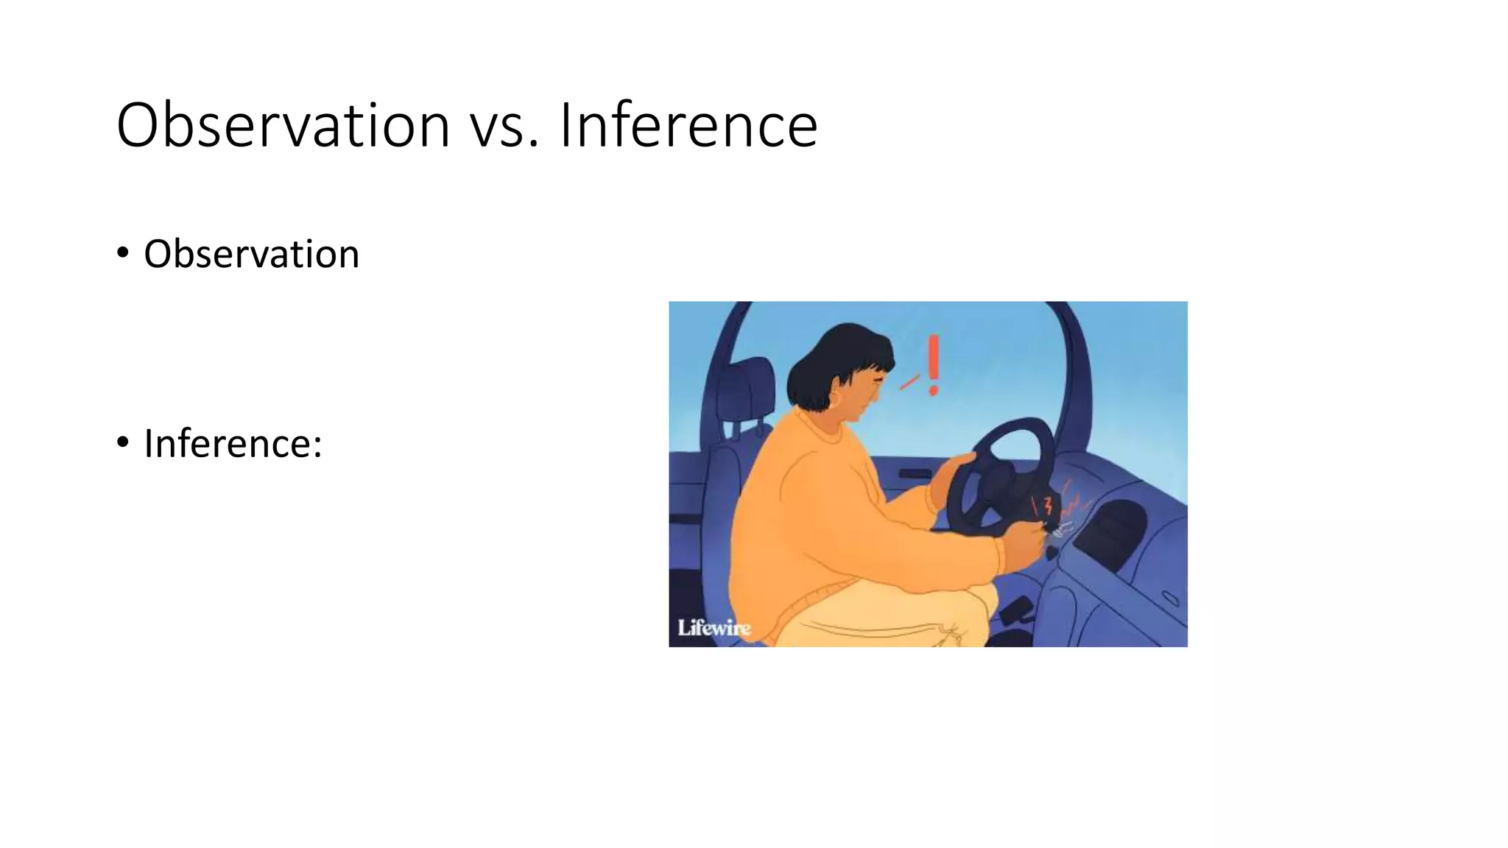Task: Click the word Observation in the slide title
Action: (x=283, y=125)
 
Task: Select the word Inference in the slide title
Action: (x=688, y=125)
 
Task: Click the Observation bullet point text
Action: (x=251, y=254)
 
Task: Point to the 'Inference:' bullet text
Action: (x=233, y=443)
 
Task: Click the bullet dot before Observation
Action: (x=123, y=253)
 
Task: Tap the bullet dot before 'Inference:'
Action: (x=123, y=442)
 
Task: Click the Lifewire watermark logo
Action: (x=714, y=628)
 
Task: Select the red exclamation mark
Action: (x=934, y=365)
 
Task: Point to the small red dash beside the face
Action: (x=909, y=382)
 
